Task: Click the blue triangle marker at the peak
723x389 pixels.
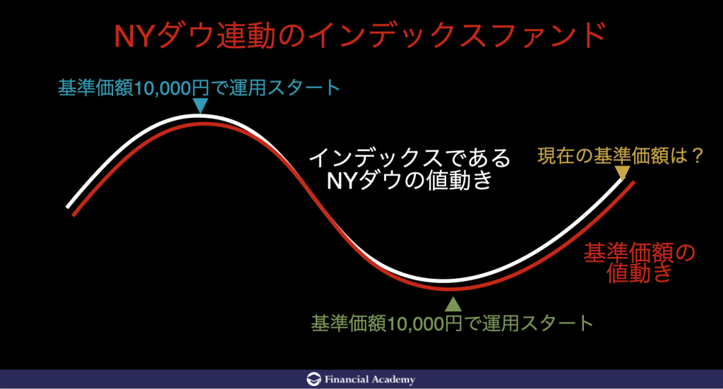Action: (200, 104)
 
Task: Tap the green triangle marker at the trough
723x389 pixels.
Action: (453, 304)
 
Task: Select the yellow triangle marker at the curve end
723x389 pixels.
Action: (623, 173)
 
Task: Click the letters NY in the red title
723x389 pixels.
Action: (133, 36)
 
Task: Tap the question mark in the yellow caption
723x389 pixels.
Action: (695, 156)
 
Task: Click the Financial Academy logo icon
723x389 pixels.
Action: (313, 379)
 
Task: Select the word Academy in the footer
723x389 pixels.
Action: (393, 380)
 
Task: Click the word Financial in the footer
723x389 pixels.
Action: (347, 379)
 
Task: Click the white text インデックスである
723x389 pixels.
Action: (410, 158)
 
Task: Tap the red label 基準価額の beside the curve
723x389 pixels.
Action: (640, 253)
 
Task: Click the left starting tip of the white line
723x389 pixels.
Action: (68, 207)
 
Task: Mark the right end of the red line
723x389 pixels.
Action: (633, 183)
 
